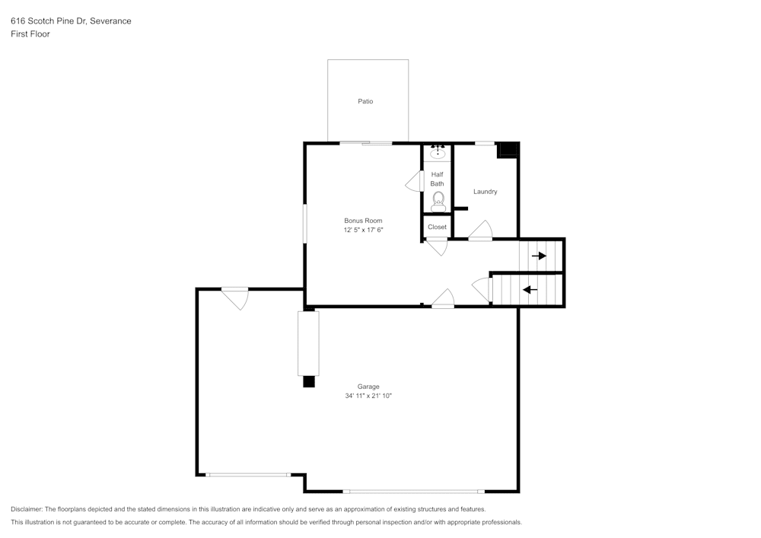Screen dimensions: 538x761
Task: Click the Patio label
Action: tap(365, 101)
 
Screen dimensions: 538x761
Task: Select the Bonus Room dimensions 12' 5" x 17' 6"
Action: tap(363, 230)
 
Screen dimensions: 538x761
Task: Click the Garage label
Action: tap(368, 387)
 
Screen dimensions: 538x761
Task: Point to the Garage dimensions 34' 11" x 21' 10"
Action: tap(368, 396)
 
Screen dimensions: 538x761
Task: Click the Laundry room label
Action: tap(485, 192)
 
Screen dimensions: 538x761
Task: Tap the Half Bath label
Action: tap(437, 179)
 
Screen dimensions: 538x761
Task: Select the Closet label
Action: tap(437, 227)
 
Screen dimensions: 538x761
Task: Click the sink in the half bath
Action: tap(438, 152)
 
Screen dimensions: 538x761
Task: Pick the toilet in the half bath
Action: tap(438, 201)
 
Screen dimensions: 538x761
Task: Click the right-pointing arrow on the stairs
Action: tap(539, 256)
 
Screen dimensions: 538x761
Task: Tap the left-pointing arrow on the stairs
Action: tap(530, 289)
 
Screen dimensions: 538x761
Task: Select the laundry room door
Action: tap(481, 231)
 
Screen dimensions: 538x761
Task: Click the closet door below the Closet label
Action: tap(437, 247)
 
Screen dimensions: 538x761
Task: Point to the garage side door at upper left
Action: tap(235, 298)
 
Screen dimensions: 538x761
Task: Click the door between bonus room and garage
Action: tap(443, 298)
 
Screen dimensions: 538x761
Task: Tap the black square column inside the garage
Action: tap(308, 382)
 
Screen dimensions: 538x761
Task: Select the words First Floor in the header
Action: tap(30, 34)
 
